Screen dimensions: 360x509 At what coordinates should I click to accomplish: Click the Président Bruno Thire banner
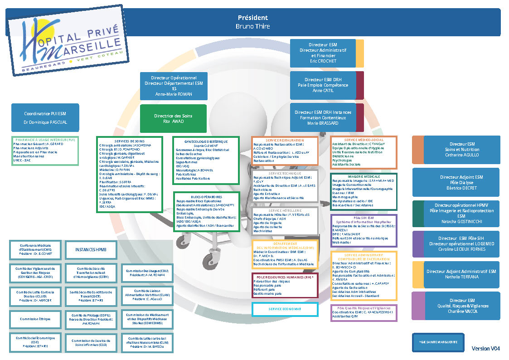[253, 22]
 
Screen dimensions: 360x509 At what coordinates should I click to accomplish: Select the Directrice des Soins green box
[173, 119]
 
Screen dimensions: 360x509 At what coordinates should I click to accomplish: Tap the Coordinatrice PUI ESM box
[45, 118]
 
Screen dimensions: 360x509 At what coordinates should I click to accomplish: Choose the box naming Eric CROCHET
[323, 53]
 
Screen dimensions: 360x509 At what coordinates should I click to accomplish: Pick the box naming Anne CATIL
[323, 85]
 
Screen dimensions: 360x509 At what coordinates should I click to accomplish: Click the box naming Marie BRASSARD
[323, 117]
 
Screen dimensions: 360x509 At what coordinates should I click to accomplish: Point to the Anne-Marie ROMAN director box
[174, 86]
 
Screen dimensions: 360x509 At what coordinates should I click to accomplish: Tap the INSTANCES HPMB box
[91, 250]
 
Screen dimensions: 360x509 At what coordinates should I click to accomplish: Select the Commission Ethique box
[35, 319]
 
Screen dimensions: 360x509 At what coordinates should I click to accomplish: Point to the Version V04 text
[485, 349]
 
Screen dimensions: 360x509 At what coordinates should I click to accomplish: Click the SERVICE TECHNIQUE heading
[285, 173]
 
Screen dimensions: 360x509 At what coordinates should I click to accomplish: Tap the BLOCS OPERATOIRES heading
[206, 197]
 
